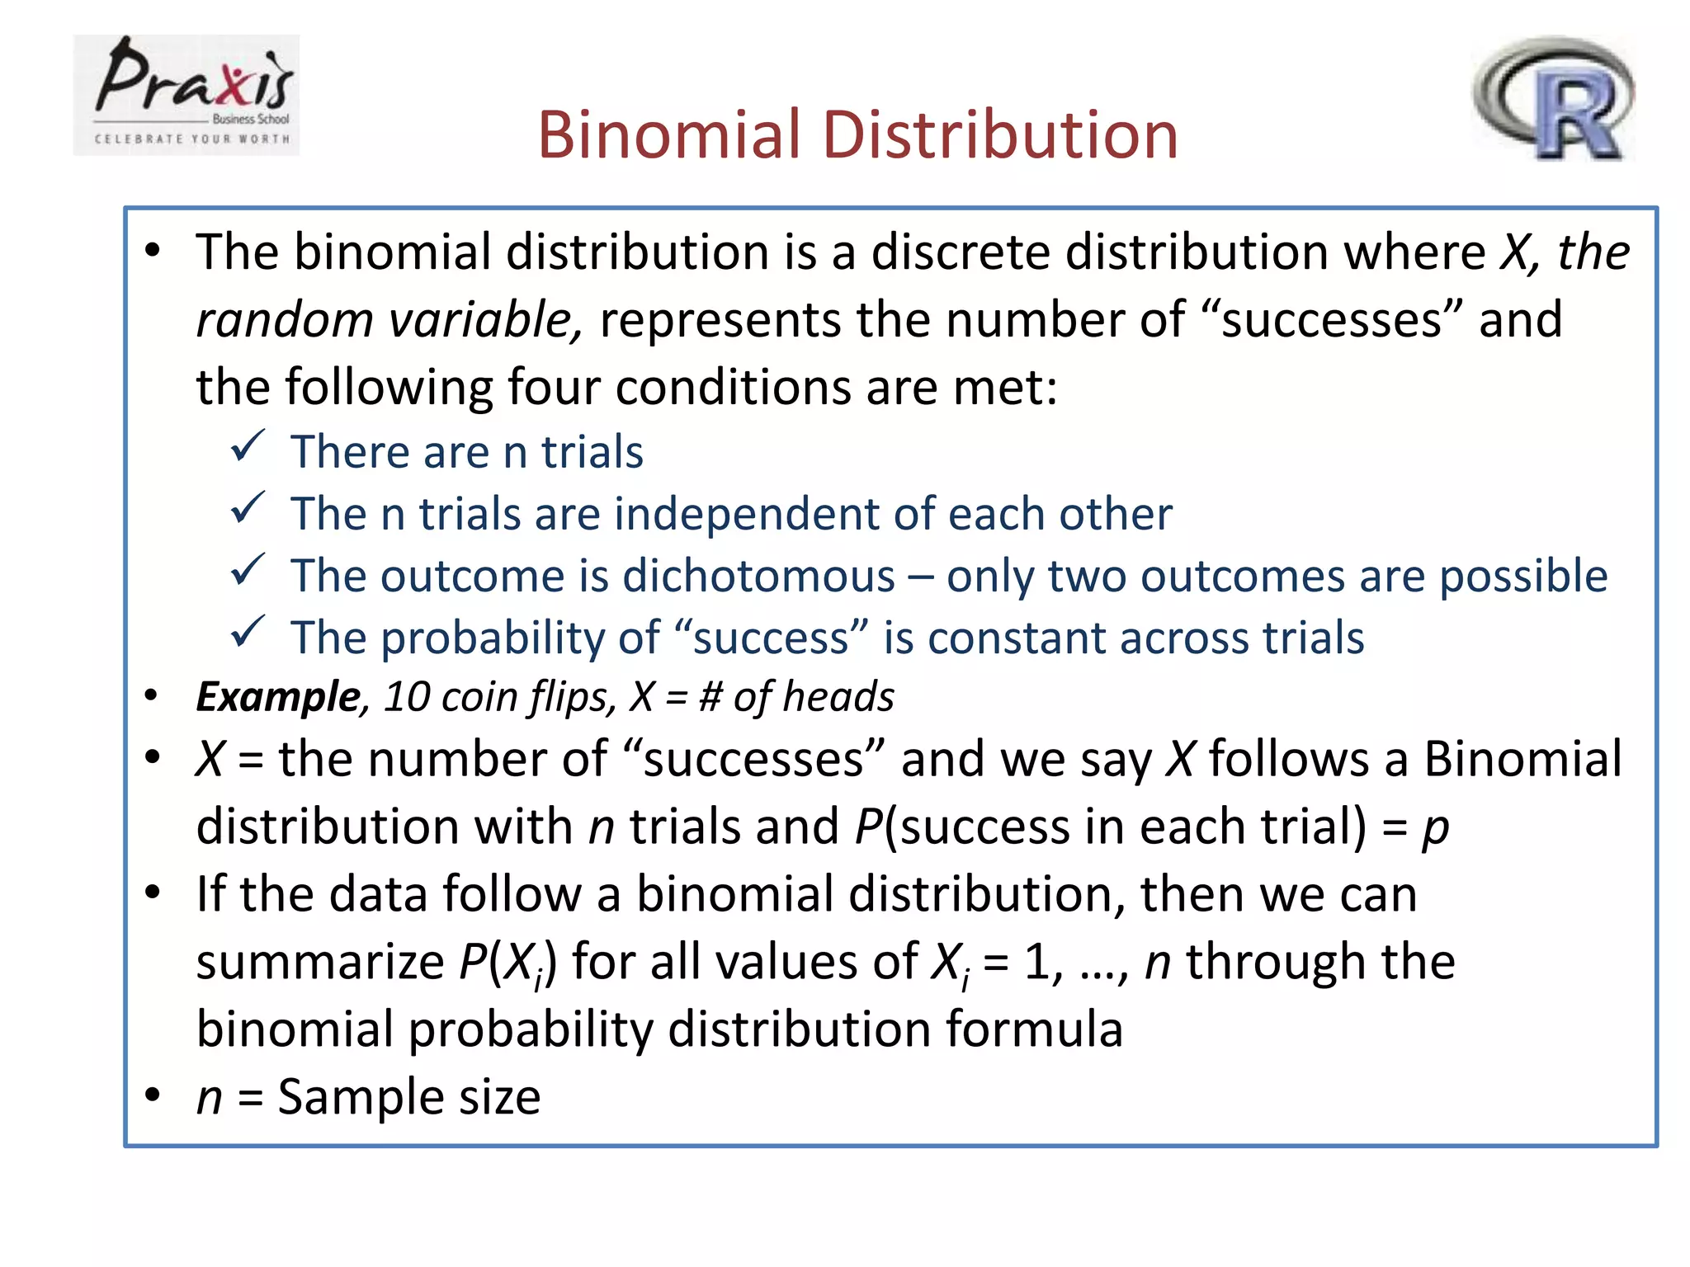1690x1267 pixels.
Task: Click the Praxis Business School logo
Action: tap(186, 95)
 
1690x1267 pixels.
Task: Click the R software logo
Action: tap(1553, 98)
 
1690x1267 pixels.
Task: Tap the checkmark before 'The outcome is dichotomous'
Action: tap(247, 570)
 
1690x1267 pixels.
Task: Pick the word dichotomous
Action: tap(758, 576)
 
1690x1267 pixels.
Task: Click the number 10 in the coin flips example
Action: tap(407, 697)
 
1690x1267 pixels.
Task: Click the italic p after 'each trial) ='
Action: tap(1435, 828)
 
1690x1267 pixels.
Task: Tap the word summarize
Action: tap(320, 963)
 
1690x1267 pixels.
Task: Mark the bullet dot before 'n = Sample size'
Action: tap(152, 1095)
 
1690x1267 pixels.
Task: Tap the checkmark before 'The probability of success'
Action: tap(247, 633)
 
